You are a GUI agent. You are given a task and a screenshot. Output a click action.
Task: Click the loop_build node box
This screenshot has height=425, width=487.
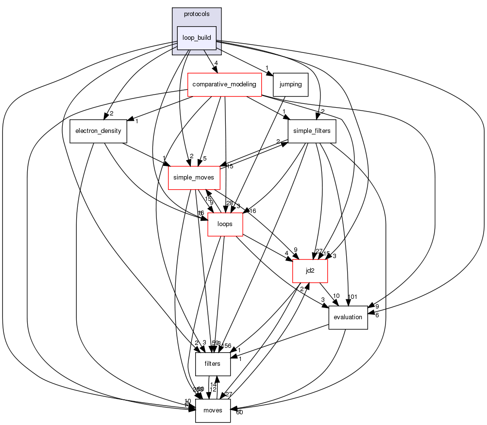click(x=196, y=38)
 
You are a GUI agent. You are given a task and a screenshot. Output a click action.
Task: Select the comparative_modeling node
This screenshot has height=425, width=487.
click(x=224, y=84)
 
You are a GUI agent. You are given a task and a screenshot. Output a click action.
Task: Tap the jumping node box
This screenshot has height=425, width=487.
click(x=291, y=84)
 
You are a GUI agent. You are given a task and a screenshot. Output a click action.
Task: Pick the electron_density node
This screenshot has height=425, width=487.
click(x=99, y=131)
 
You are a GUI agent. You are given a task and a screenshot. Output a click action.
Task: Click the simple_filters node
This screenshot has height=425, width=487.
click(x=312, y=131)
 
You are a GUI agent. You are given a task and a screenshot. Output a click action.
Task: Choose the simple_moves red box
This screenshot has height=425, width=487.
click(x=194, y=178)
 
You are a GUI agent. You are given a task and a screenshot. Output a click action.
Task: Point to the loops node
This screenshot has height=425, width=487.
click(x=225, y=224)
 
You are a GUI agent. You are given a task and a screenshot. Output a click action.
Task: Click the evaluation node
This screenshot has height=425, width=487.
click(x=348, y=317)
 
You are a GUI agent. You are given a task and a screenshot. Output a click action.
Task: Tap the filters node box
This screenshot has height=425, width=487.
click(x=213, y=364)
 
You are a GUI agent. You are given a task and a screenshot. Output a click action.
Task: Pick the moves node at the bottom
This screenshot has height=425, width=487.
click(x=213, y=410)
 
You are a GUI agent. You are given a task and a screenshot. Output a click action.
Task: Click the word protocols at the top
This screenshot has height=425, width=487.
click(x=197, y=14)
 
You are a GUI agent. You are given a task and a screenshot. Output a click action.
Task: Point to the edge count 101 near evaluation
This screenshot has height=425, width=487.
click(x=353, y=297)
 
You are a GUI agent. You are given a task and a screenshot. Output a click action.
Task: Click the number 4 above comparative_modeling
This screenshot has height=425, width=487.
click(x=216, y=63)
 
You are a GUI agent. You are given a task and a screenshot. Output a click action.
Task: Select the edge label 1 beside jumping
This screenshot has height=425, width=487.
click(x=267, y=68)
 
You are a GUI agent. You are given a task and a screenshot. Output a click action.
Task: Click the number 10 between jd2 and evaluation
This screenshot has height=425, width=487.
click(x=336, y=296)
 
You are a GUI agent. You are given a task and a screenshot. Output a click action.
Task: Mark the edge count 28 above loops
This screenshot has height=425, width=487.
click(x=230, y=203)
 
